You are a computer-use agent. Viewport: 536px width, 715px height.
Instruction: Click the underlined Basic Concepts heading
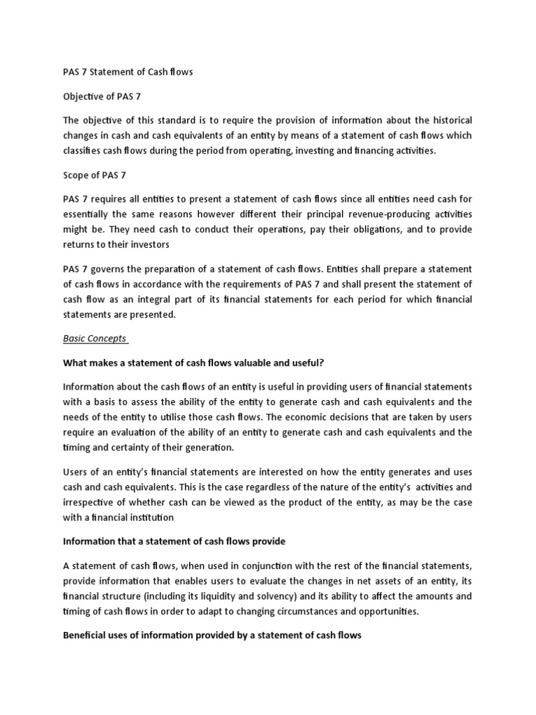coord(94,339)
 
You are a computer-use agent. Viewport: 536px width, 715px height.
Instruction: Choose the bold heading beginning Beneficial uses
coord(212,637)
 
